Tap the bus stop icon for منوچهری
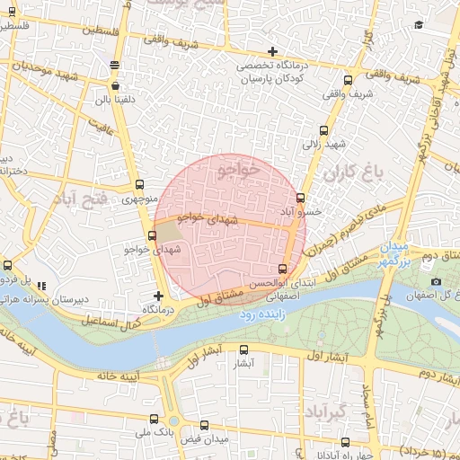137,186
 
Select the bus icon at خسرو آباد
300,198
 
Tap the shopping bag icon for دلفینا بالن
114,86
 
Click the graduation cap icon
419,26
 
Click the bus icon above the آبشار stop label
243,350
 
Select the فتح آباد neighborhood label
82,196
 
